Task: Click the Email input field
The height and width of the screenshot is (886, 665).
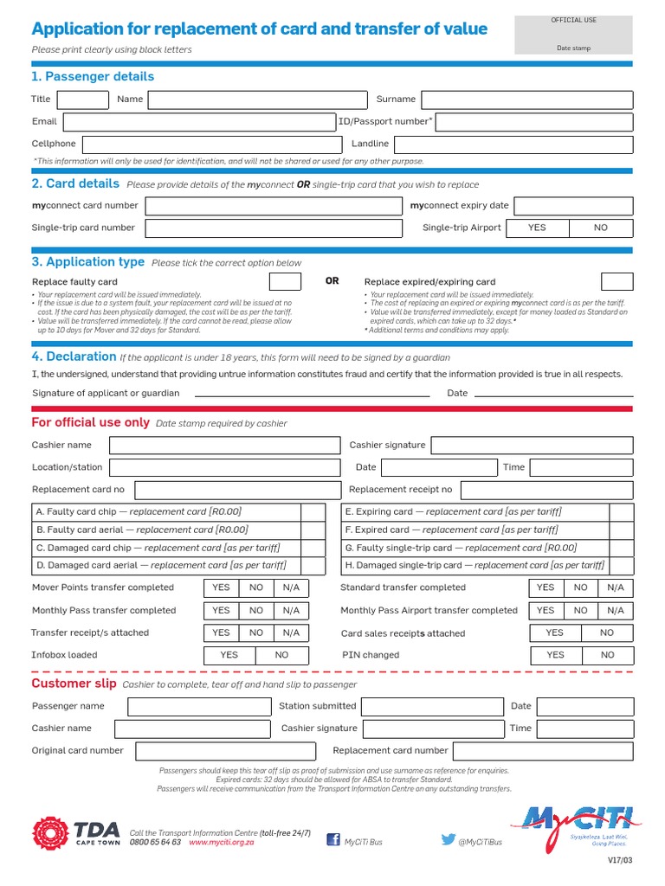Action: point(200,122)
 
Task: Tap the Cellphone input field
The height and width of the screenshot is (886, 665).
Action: point(211,144)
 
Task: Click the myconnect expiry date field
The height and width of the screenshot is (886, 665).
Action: point(573,206)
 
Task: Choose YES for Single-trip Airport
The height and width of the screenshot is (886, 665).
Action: point(537,228)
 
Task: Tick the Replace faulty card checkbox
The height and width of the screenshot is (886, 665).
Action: point(285,282)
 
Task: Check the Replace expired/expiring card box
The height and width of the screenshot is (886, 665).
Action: point(617,282)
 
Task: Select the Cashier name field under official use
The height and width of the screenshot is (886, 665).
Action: point(224,446)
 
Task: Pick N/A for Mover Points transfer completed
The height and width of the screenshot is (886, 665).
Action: point(291,587)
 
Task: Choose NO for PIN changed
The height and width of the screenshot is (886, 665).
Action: point(607,656)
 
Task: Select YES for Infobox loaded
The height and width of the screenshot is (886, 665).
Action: point(229,656)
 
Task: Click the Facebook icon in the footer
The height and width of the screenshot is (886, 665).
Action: point(333,839)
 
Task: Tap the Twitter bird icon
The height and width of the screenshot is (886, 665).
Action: point(448,839)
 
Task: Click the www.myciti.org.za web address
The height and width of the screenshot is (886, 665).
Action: point(221,842)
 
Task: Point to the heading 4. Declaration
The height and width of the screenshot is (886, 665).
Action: point(74,356)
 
